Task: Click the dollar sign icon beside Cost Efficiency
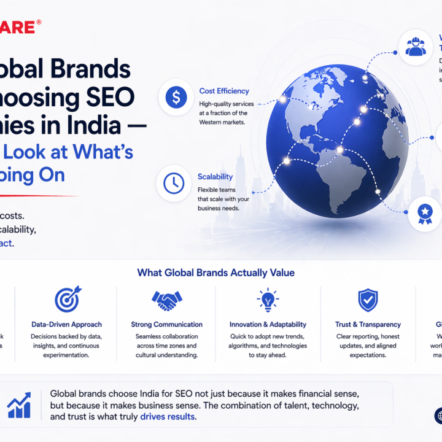click(x=176, y=97)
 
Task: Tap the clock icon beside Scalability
click(x=174, y=183)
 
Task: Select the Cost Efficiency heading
click(x=223, y=91)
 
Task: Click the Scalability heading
click(x=215, y=177)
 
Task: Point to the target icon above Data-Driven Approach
click(x=66, y=300)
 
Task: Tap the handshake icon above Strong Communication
click(x=166, y=300)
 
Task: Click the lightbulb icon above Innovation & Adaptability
click(x=267, y=300)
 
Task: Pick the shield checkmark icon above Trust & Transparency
click(x=368, y=300)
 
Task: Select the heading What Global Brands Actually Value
click(x=215, y=273)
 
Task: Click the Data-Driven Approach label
click(x=66, y=324)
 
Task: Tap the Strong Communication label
click(x=166, y=324)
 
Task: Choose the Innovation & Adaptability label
click(x=268, y=324)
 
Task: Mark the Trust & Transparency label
click(x=368, y=324)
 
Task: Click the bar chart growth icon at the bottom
click(x=19, y=405)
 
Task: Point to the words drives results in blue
click(x=168, y=417)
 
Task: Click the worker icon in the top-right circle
click(x=416, y=46)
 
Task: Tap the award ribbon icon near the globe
click(x=424, y=212)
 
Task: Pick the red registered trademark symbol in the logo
click(x=39, y=23)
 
